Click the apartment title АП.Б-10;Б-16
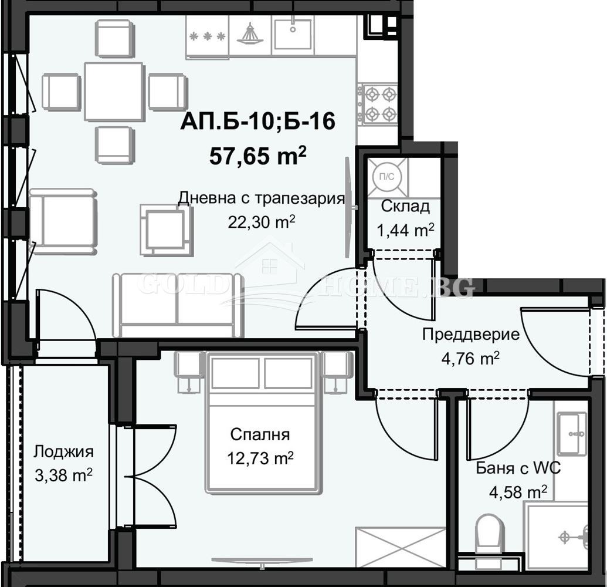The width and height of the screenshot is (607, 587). [257, 122]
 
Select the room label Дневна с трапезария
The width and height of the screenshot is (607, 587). [260, 198]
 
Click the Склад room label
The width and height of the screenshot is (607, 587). [405, 206]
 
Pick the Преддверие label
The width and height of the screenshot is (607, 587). [471, 335]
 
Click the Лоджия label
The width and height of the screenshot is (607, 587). [63, 452]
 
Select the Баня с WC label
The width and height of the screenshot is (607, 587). [518, 468]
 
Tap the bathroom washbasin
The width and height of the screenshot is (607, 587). [571, 433]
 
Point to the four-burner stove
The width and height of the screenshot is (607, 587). [378, 103]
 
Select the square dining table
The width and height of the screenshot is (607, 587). [114, 92]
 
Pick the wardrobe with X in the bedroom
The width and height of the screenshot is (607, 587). [400, 546]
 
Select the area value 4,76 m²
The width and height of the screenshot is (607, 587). [471, 357]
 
